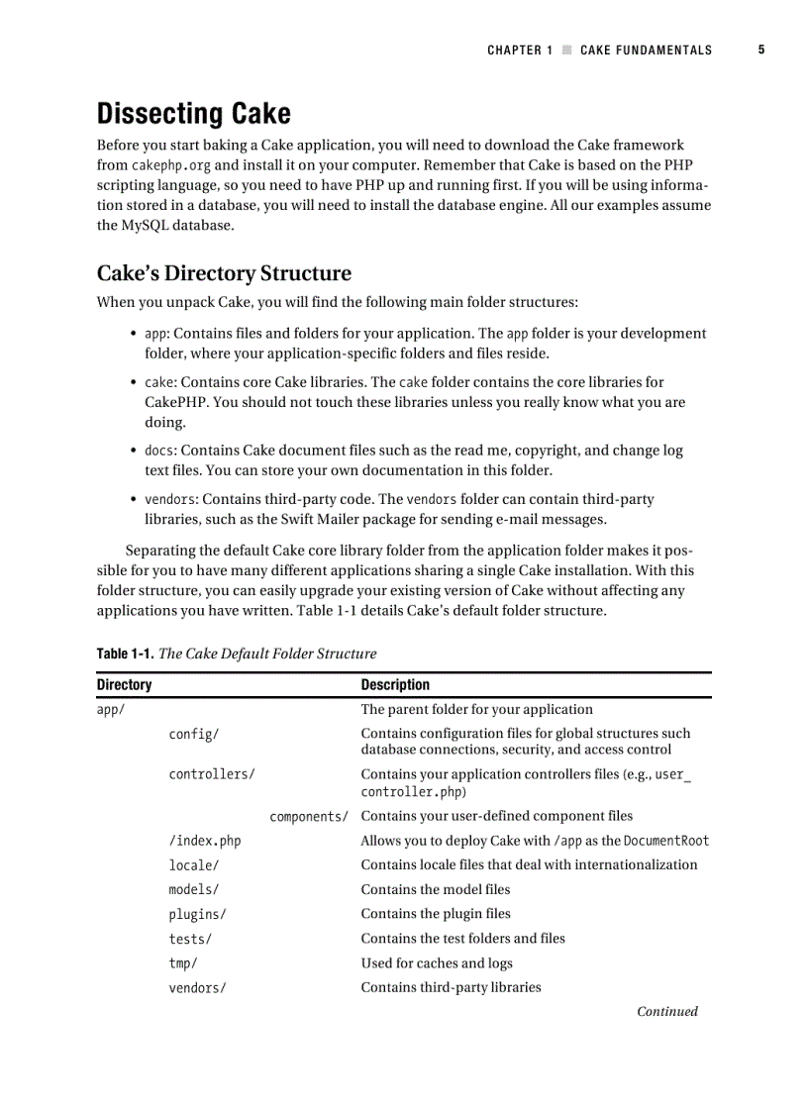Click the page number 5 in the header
(x=761, y=50)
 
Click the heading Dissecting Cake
(x=193, y=114)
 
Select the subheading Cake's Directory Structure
(x=224, y=273)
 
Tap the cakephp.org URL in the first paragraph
(x=171, y=165)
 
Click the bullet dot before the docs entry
(x=134, y=451)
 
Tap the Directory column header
(x=125, y=684)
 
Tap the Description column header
(x=395, y=684)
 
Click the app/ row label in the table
(x=110, y=709)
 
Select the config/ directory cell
(x=194, y=734)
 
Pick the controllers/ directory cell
(x=212, y=774)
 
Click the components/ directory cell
(x=309, y=816)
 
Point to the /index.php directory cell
(x=205, y=841)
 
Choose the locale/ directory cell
(x=194, y=864)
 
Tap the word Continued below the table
(x=666, y=1011)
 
